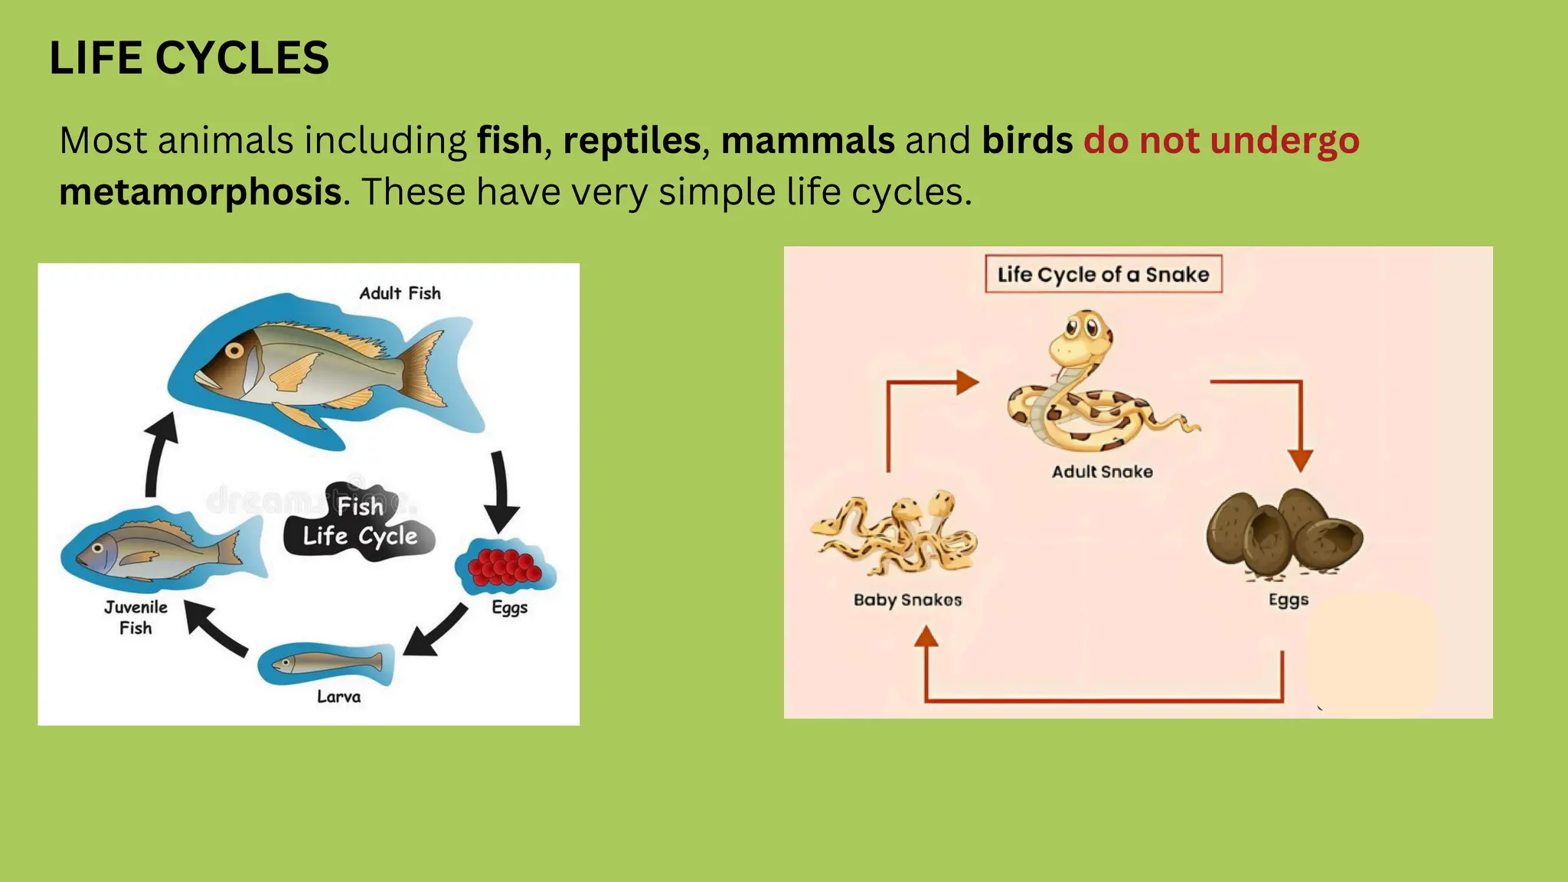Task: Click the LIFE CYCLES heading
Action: point(189,58)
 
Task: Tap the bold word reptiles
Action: point(632,141)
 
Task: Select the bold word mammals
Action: point(808,141)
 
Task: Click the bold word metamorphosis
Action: point(201,191)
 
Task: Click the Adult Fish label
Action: point(400,293)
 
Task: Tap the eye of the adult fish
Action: point(234,351)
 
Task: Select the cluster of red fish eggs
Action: point(504,567)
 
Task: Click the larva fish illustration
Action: point(328,662)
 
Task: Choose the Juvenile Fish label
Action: point(136,617)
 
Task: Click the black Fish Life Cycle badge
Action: point(359,522)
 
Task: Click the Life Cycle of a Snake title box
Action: point(1102,274)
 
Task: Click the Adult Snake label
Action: point(1102,472)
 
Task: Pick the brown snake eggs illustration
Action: point(1284,533)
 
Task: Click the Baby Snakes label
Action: point(907,599)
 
